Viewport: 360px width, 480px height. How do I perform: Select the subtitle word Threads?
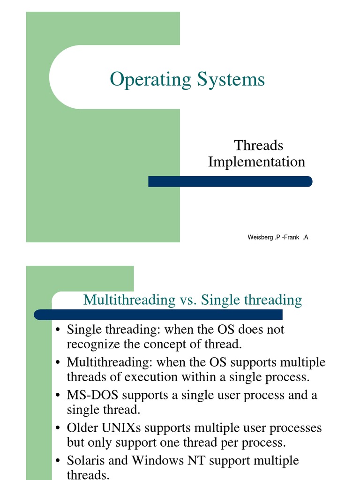tap(259, 145)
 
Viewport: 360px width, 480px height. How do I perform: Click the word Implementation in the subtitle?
tap(256, 162)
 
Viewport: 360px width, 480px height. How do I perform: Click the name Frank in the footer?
tap(292, 238)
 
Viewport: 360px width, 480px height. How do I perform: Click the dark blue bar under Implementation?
tap(230, 181)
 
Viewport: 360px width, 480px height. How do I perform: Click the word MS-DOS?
tap(92, 395)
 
